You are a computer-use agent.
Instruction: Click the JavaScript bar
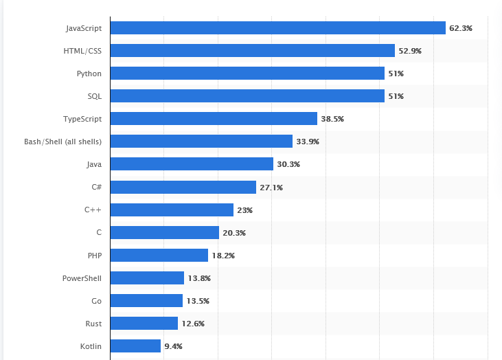(x=277, y=28)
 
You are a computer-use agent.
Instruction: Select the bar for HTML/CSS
(x=253, y=51)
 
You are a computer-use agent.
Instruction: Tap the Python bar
(x=247, y=74)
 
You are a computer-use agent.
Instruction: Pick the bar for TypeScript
(x=214, y=119)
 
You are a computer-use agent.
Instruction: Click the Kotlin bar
(x=135, y=346)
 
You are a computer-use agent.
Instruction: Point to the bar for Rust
(x=144, y=324)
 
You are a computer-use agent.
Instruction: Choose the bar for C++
(x=172, y=210)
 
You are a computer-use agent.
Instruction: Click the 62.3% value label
(x=460, y=28)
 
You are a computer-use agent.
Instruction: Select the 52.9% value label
(x=410, y=51)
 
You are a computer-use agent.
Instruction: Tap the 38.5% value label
(x=332, y=119)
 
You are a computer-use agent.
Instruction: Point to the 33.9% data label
(x=308, y=142)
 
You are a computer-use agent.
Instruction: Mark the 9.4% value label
(x=173, y=346)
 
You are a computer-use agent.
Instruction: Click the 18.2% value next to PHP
(x=223, y=256)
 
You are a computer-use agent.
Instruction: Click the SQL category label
(x=93, y=96)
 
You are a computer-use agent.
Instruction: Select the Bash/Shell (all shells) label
(x=62, y=142)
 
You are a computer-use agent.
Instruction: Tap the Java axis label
(x=94, y=164)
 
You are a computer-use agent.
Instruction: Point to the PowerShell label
(x=82, y=278)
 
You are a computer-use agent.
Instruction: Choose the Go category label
(x=96, y=301)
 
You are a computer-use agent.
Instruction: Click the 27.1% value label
(x=271, y=187)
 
